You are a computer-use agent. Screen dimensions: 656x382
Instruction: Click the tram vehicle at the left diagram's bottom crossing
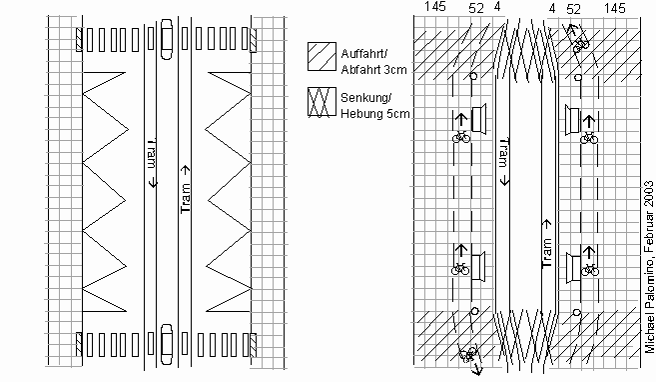tap(167, 343)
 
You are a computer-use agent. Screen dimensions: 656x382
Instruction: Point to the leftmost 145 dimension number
tap(435, 8)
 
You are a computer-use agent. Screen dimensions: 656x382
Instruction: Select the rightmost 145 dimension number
tap(614, 8)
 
